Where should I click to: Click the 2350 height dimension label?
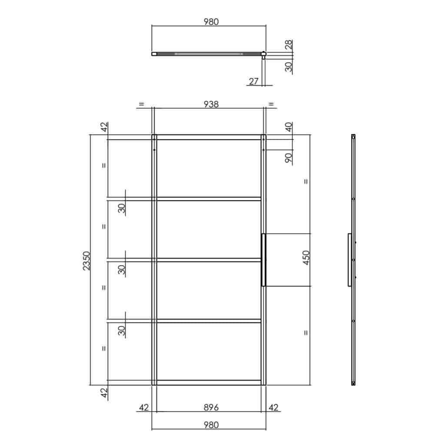click(x=86, y=261)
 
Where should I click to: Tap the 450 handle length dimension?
click(x=306, y=258)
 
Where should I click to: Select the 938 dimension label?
click(x=211, y=104)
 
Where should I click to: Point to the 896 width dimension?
click(x=211, y=408)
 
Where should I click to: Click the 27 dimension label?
click(x=253, y=81)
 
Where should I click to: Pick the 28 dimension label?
click(x=289, y=45)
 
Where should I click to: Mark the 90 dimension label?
click(x=289, y=158)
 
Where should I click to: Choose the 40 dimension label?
click(x=289, y=127)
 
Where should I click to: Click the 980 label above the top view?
click(x=211, y=22)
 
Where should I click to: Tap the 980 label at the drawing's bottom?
click(x=211, y=425)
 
